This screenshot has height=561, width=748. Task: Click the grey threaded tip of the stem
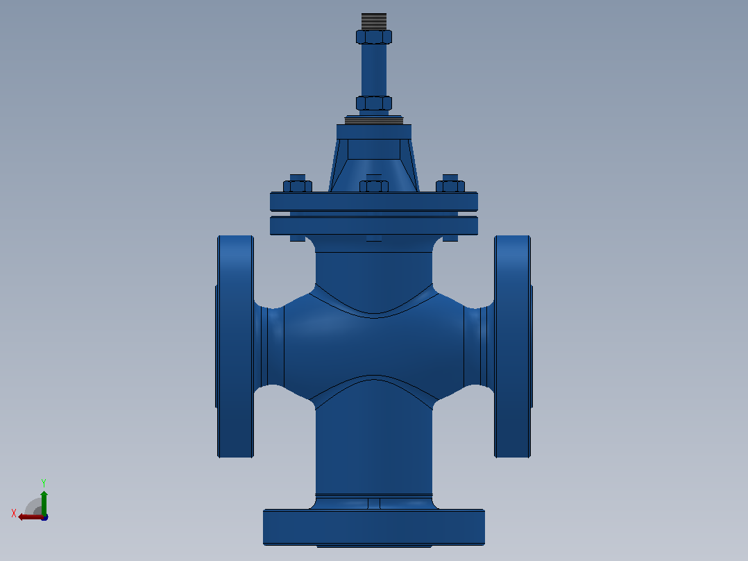(x=374, y=22)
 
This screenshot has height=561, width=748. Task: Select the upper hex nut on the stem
(x=374, y=37)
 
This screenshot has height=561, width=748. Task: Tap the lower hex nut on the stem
(x=374, y=103)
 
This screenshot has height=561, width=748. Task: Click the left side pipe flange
(x=235, y=346)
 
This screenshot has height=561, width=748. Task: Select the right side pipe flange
(x=513, y=346)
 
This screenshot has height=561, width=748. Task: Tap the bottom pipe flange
(x=374, y=528)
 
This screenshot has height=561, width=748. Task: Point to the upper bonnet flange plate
(x=374, y=201)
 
